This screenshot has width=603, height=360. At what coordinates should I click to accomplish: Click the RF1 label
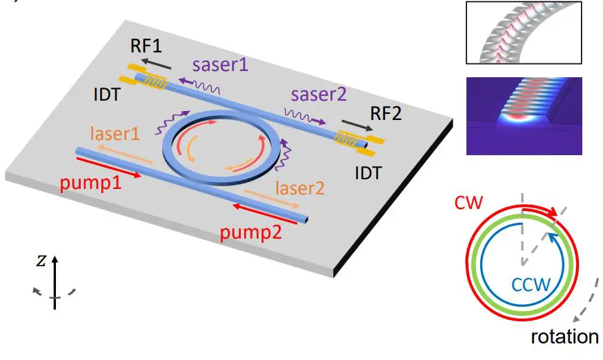point(147,46)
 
